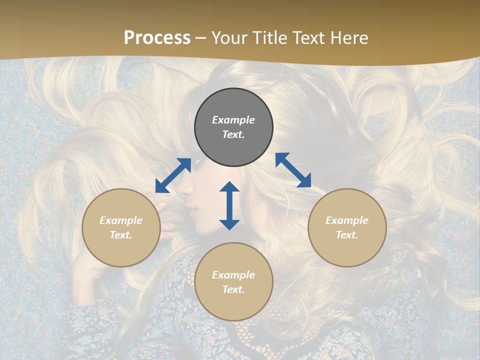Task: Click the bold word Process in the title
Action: coord(157,38)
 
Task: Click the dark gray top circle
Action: coord(233,127)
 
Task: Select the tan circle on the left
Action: coord(121,227)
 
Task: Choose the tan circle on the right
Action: coord(347,227)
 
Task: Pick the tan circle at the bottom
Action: coord(233,282)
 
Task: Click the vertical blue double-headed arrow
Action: coord(229,205)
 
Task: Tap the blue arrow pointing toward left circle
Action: coord(173,175)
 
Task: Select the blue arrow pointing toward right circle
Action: coord(293,170)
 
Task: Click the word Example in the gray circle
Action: coord(233,120)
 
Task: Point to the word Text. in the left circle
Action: coord(121,235)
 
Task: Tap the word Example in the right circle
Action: coord(347,220)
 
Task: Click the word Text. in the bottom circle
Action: coord(233,289)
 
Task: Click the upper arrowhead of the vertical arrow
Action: coord(229,187)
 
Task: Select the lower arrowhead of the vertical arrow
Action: coord(229,224)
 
